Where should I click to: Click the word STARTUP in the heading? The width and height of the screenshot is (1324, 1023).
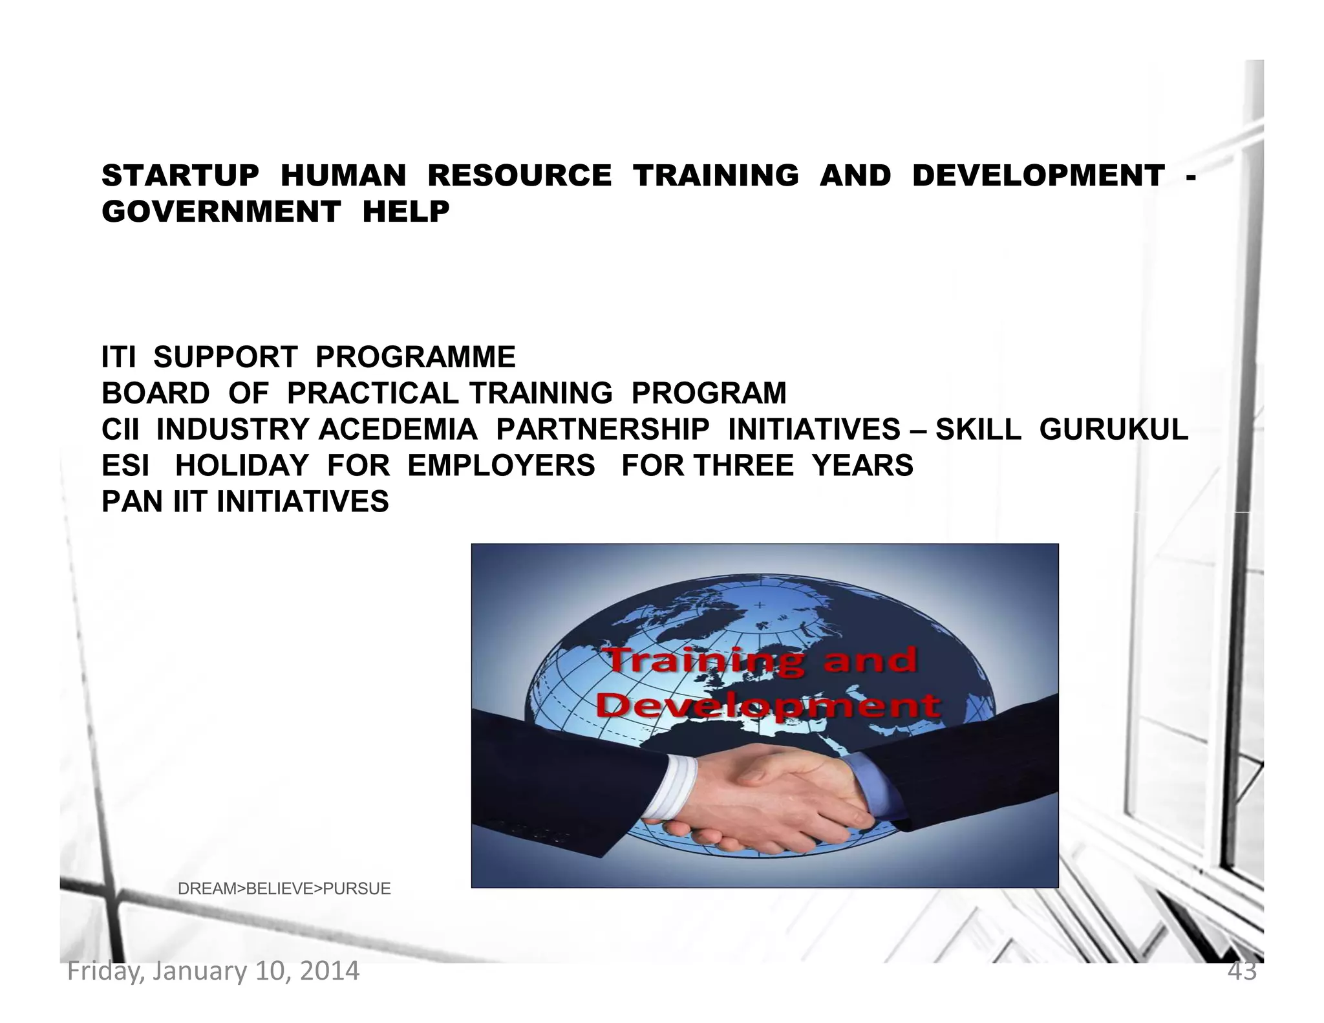pos(180,176)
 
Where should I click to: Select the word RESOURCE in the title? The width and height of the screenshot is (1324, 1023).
pos(519,176)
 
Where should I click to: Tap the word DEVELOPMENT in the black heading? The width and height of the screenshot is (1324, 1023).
pos(1038,176)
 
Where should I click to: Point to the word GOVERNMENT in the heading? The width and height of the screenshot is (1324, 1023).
pos(221,211)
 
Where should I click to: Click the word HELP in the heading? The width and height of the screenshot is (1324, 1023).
pos(406,211)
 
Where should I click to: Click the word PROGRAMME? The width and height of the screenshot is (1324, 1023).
pos(416,357)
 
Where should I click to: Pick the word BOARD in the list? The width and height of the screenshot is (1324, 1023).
pos(156,393)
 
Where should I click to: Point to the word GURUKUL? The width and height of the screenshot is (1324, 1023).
pos(1113,429)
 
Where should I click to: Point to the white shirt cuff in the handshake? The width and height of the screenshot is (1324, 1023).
pos(672,788)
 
